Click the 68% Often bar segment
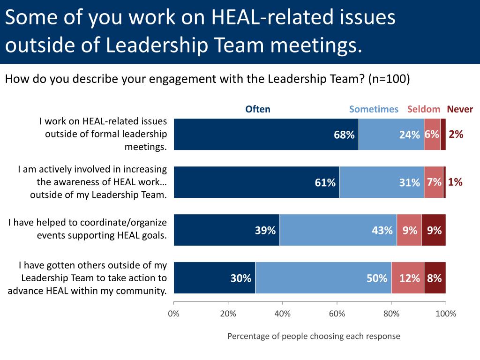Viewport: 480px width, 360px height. (266, 135)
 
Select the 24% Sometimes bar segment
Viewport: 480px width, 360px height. (391, 135)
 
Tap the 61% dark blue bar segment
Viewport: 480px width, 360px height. (256, 182)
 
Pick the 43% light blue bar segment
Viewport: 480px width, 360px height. (338, 230)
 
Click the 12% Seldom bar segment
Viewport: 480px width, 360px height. (408, 278)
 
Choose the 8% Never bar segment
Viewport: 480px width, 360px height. (435, 278)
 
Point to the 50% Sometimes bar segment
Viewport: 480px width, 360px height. (323, 278)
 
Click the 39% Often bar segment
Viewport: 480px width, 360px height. (227, 230)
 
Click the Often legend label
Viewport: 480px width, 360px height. (258, 109)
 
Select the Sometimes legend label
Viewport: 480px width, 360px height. (374, 109)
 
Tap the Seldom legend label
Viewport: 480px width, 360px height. (424, 109)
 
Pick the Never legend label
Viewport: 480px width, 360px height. (460, 109)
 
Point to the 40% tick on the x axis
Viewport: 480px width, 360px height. (283, 314)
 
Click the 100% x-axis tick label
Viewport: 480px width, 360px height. (445, 314)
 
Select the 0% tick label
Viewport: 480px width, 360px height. (174, 314)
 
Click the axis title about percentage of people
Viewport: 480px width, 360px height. (314, 336)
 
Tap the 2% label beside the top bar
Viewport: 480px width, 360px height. (456, 135)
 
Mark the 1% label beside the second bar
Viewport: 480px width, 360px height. (455, 182)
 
